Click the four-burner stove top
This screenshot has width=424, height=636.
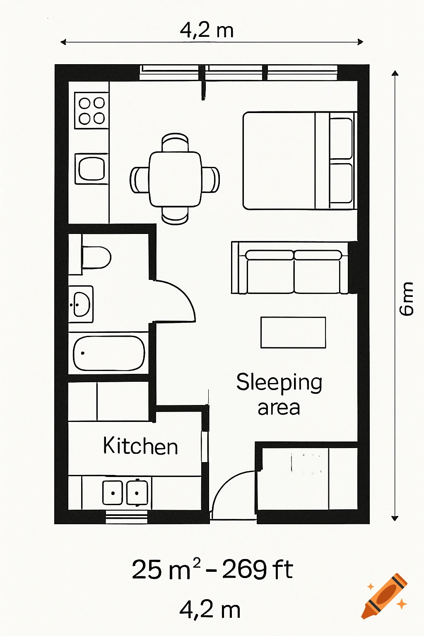pos(92,111)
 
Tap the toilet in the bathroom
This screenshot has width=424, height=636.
pos(96,257)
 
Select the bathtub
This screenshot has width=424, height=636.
pos(109,353)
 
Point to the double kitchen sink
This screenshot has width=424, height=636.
pos(125,492)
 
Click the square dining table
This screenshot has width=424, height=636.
pos(175,179)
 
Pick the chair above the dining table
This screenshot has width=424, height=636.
pos(175,142)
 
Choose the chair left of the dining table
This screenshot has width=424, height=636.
pos(139,180)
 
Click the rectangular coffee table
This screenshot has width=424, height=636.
pos(293,332)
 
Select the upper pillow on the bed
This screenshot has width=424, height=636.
pos(341,138)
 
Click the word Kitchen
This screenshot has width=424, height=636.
pos(140,446)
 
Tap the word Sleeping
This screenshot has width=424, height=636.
pos(279,382)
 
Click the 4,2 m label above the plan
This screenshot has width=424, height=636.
pos(207,30)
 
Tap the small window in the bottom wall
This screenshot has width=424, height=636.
pos(126,517)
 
